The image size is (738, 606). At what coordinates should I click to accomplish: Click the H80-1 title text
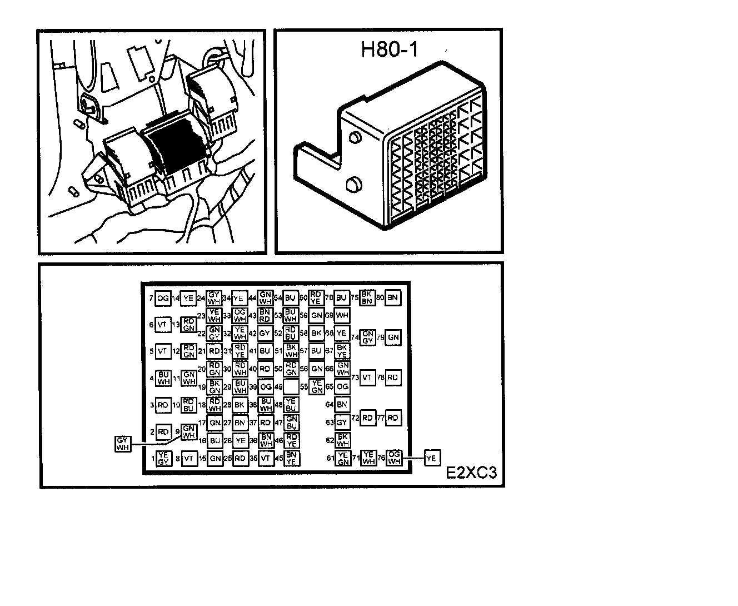[x=389, y=49]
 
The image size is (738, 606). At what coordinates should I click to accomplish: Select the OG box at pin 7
[x=163, y=299]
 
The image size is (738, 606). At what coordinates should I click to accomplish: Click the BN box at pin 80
[x=393, y=298]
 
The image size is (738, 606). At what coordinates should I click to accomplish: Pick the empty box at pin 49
[x=291, y=386]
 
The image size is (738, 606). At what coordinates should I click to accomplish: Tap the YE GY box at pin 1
[x=163, y=459]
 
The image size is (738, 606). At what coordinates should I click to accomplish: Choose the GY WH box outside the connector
[x=123, y=444]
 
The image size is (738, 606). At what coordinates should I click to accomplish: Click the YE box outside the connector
[x=432, y=458]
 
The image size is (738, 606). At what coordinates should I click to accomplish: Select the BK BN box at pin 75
[x=367, y=297]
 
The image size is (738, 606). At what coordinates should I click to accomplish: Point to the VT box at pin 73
[x=367, y=377]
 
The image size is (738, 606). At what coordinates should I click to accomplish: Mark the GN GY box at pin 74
[x=367, y=337]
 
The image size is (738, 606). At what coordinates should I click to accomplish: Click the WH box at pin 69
[x=342, y=315]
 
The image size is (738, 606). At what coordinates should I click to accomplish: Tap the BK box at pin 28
[x=240, y=405]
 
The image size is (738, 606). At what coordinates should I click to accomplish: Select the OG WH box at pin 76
[x=393, y=458]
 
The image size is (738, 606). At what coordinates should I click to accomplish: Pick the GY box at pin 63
[x=342, y=423]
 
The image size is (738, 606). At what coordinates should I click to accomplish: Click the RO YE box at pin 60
[x=316, y=297]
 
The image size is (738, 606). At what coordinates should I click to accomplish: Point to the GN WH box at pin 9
[x=189, y=431]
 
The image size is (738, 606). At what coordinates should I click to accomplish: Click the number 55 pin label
[x=303, y=387]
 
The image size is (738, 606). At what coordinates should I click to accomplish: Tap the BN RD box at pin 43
[x=265, y=315]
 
